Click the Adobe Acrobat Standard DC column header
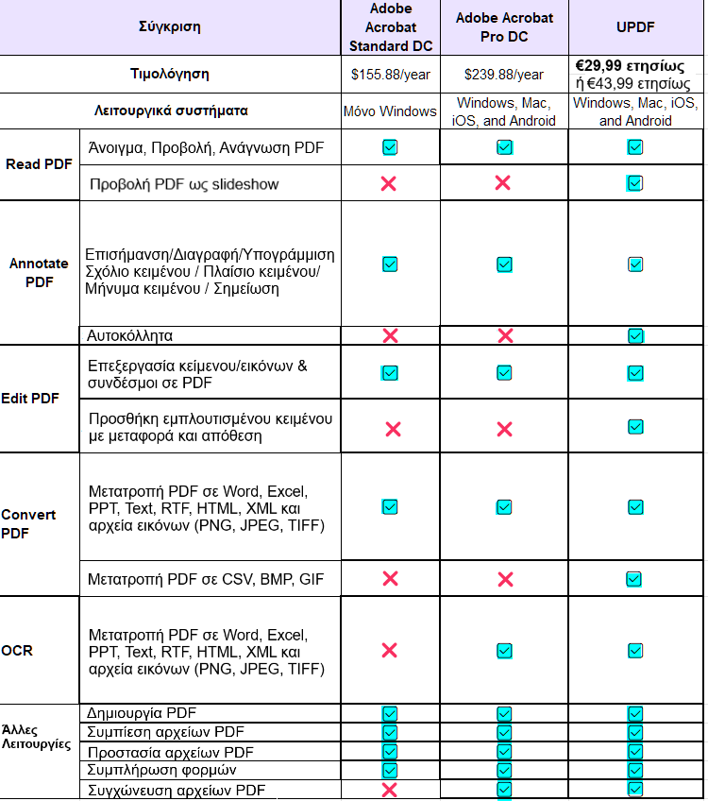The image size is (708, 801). tap(390, 27)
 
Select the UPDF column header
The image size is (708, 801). tap(635, 28)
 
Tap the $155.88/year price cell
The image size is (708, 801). tap(390, 74)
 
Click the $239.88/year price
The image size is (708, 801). tap(504, 75)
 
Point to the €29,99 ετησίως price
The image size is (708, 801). tap(630, 65)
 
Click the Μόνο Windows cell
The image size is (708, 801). tap(390, 111)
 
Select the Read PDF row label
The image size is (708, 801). tap(39, 163)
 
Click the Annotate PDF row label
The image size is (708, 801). tap(39, 273)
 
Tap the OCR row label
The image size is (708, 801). tap(17, 650)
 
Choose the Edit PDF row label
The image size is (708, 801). tap(31, 399)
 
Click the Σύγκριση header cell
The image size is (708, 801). tap(170, 26)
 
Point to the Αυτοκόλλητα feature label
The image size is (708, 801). tap(129, 335)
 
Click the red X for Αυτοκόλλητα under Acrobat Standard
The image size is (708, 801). tap(389, 335)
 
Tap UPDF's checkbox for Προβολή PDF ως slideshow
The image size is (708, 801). tap(635, 182)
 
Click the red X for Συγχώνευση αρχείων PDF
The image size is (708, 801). tap(389, 790)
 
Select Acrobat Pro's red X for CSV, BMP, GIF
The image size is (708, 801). tap(504, 578)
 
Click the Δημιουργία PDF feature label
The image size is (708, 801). tap(142, 713)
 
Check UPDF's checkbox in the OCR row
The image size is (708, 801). tap(635, 650)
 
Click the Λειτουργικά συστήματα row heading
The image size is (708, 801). tap(171, 111)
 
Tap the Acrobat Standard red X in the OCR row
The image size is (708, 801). tap(389, 650)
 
